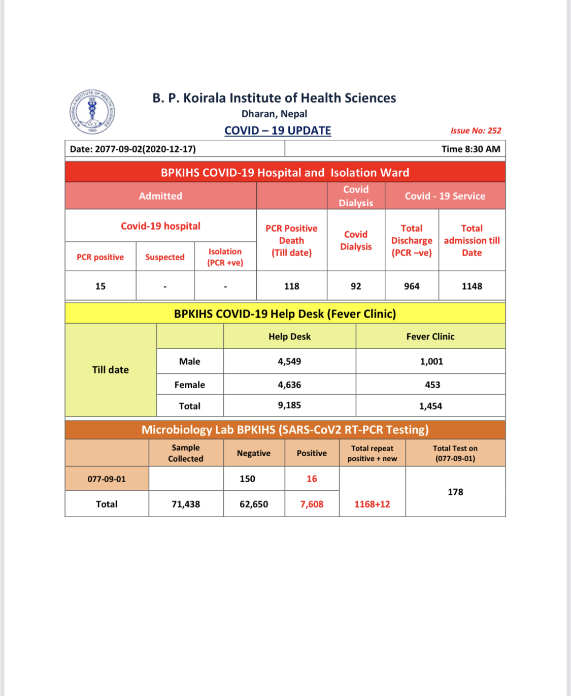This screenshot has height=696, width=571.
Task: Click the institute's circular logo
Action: click(x=92, y=112)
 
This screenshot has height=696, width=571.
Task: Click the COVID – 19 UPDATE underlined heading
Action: click(x=278, y=131)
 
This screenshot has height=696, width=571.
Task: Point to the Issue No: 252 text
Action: click(x=476, y=131)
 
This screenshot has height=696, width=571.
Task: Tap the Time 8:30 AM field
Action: click(x=471, y=149)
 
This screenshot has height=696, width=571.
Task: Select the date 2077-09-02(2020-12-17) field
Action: click(x=133, y=149)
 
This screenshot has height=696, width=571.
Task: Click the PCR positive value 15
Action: click(x=100, y=286)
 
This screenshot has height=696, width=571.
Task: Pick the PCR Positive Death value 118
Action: click(x=291, y=286)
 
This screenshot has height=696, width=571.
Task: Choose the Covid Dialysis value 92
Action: click(x=356, y=286)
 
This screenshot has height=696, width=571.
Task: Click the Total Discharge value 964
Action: click(x=412, y=286)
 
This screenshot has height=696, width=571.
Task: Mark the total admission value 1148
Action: click(x=472, y=286)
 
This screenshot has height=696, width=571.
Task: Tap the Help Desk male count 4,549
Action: click(x=289, y=361)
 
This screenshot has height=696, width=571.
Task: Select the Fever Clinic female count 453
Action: click(x=432, y=385)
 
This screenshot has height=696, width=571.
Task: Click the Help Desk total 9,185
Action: click(x=289, y=405)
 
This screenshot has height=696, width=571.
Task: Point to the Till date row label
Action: click(x=110, y=370)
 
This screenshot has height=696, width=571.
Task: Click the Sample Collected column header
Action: click(x=186, y=453)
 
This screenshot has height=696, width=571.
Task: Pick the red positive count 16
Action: click(x=312, y=479)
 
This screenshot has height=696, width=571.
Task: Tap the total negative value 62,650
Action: click(x=254, y=504)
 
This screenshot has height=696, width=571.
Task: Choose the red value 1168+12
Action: click(x=372, y=504)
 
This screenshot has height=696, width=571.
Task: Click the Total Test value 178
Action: click(x=455, y=492)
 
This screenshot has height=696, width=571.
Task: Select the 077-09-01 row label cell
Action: click(x=107, y=479)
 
